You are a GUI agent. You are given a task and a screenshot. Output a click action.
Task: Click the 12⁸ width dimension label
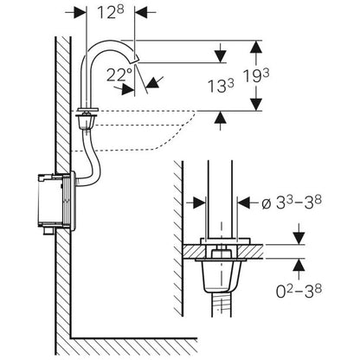111,12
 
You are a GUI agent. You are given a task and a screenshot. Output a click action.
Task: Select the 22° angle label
119,74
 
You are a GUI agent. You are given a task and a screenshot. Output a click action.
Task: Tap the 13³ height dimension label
221,86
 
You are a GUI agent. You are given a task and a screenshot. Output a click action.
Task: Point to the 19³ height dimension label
256,76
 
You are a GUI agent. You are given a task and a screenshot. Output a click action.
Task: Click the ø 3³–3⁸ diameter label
292,202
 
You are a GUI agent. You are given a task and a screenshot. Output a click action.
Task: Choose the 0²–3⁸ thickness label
299,291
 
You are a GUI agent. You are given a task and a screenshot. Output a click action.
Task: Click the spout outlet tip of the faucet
135,60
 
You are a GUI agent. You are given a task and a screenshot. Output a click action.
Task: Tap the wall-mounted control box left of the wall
56,201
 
